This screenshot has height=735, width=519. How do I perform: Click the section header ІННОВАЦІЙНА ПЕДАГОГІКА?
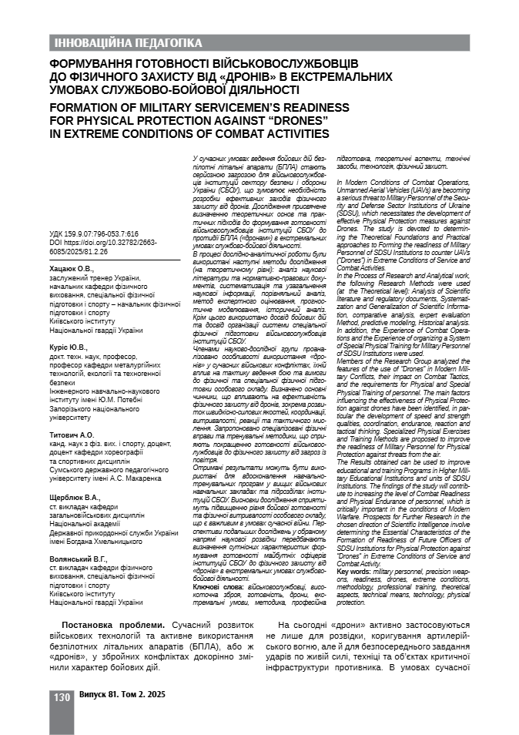coord(126,42)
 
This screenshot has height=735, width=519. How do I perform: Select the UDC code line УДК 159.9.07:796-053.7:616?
coord(93,233)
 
